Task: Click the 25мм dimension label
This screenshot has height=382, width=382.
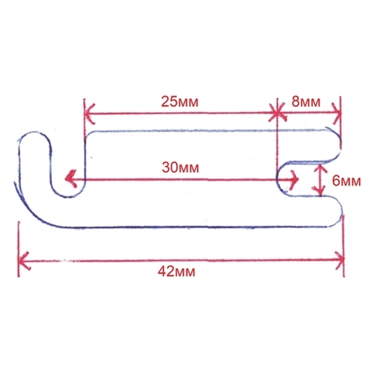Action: point(180,102)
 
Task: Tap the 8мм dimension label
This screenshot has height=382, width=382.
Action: point(306,102)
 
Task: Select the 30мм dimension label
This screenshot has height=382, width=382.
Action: point(180,168)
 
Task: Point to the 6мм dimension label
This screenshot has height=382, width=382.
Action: point(347,180)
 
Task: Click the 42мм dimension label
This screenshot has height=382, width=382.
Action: point(177,272)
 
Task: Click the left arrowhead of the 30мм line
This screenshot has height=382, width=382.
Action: point(70,179)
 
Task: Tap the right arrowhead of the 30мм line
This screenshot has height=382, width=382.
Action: point(294,179)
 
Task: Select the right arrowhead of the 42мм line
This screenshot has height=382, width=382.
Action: point(339,260)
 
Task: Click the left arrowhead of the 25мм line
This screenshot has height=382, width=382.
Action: point(90,113)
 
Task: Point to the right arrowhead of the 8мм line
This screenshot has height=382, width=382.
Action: point(337,113)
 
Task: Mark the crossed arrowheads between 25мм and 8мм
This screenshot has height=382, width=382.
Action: point(277,113)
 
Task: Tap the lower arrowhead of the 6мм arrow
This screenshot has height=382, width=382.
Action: point(320,190)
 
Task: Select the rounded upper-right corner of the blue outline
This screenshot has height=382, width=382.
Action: point(336,136)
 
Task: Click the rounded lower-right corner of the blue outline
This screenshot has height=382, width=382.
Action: point(337,217)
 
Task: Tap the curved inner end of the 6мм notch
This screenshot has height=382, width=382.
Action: point(279,179)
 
